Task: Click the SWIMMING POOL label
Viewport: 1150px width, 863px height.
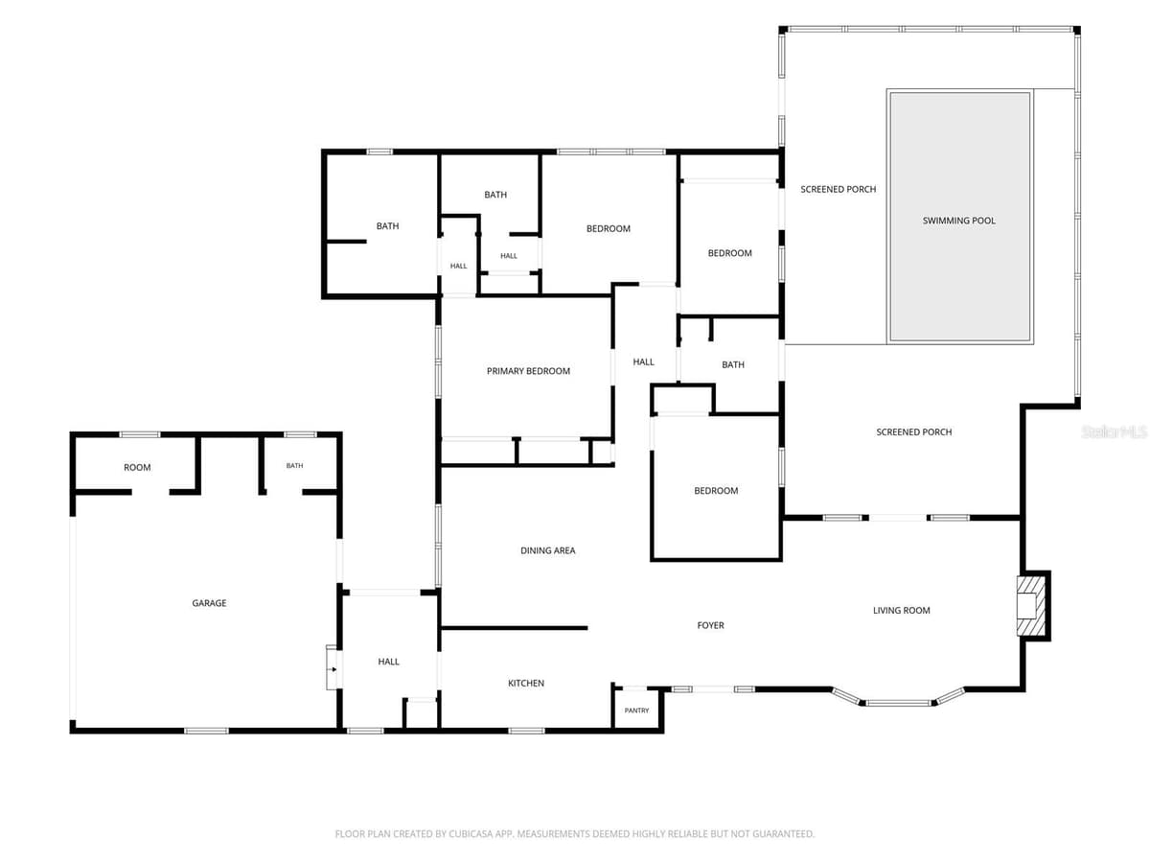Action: point(958,221)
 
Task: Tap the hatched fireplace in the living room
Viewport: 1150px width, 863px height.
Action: point(1029,606)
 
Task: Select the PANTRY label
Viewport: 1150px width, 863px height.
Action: point(636,711)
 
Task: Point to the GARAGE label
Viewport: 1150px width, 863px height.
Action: point(209,603)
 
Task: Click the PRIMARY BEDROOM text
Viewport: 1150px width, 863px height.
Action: point(528,371)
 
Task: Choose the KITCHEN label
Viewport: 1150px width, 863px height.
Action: point(526,684)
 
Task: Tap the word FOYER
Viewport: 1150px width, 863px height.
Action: point(710,625)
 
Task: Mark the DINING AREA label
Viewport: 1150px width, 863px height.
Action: point(547,550)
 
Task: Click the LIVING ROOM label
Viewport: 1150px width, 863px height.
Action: point(901,611)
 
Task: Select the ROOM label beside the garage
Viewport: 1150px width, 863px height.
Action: point(137,467)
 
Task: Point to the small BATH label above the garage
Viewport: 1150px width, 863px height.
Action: point(294,465)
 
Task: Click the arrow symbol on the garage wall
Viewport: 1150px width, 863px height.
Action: point(333,669)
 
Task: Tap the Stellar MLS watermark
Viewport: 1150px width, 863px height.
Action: point(1114,431)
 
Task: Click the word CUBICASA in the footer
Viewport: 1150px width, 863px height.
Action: point(468,833)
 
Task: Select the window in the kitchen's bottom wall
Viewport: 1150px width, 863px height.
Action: point(526,731)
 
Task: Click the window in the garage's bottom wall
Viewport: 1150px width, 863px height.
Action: point(206,731)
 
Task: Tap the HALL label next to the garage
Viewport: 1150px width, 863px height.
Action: point(388,662)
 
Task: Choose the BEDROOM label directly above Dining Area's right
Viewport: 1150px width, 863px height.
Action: point(716,491)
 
